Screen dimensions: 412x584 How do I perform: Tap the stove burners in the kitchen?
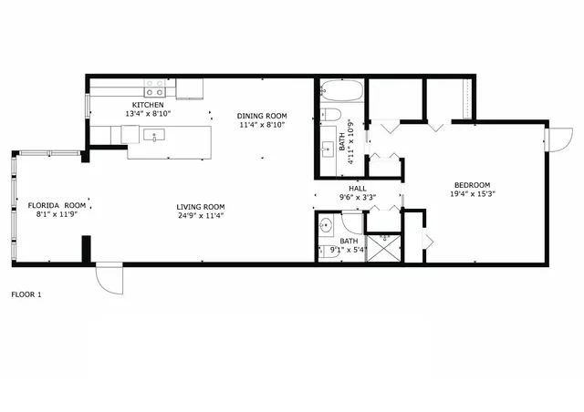click(155, 88)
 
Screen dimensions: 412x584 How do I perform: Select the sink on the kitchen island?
click(154, 136)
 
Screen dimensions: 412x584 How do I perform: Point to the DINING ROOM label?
click(262, 116)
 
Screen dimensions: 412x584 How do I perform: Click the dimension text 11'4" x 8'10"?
click(262, 125)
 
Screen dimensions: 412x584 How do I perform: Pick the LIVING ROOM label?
click(201, 206)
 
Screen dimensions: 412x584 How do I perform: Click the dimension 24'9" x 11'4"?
click(201, 216)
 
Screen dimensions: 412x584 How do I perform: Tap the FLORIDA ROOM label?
click(57, 206)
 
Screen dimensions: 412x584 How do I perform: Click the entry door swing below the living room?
click(108, 277)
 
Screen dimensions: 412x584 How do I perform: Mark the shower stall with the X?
click(383, 248)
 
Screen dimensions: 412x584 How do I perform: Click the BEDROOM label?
click(472, 185)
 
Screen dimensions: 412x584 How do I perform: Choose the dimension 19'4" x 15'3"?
click(472, 194)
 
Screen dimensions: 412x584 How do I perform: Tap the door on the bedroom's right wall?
click(551, 139)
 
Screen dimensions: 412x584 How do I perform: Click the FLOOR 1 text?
click(26, 294)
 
